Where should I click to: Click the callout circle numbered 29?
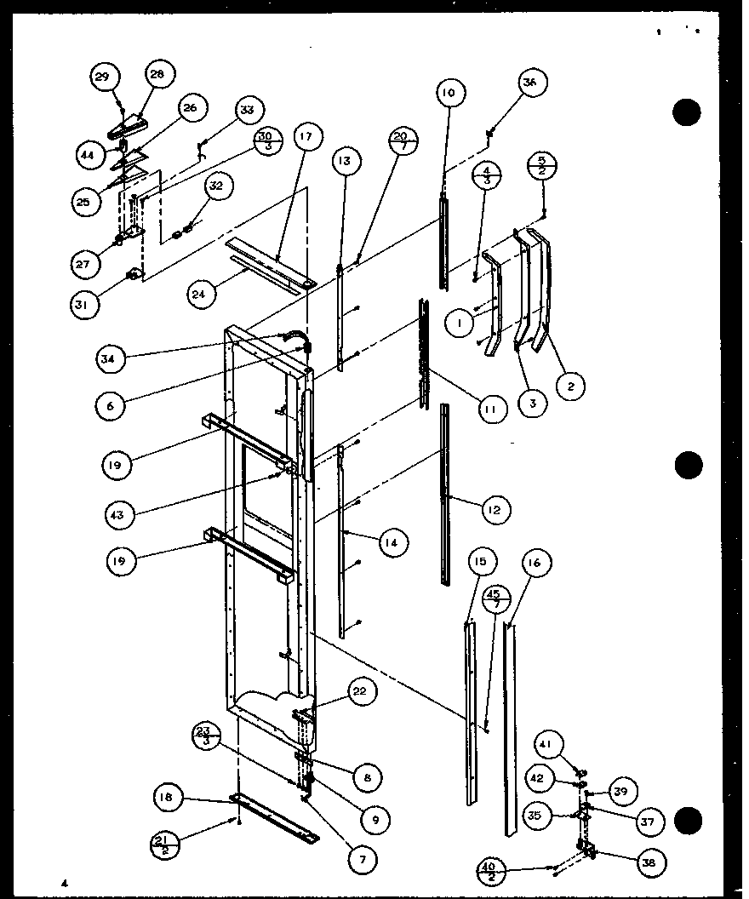tap(102, 77)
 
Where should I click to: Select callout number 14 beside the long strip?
tap(394, 541)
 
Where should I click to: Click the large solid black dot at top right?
tap(687, 112)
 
